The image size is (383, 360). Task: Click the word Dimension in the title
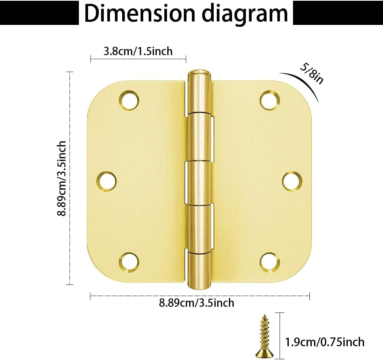coord(139,13)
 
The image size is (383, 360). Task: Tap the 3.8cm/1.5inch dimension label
coord(138,51)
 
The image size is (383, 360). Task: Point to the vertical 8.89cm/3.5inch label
coord(62,178)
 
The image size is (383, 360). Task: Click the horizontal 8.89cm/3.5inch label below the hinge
coord(196,303)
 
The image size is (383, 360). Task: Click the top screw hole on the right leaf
coord(270,100)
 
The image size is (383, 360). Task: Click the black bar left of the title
coord(38,14)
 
